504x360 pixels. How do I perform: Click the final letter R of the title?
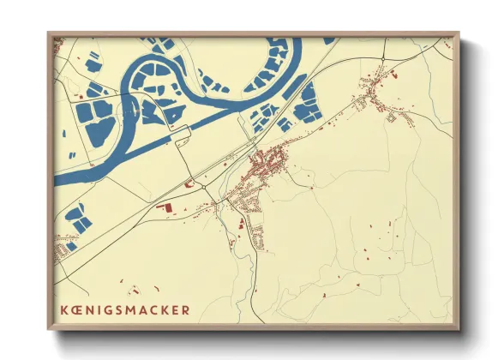click(x=186, y=309)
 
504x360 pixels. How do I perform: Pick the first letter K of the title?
click(x=63, y=309)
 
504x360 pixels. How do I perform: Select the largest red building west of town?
click(x=168, y=207)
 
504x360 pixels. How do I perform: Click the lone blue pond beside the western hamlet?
click(x=72, y=246)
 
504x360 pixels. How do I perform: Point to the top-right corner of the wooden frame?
click(x=458, y=33)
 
